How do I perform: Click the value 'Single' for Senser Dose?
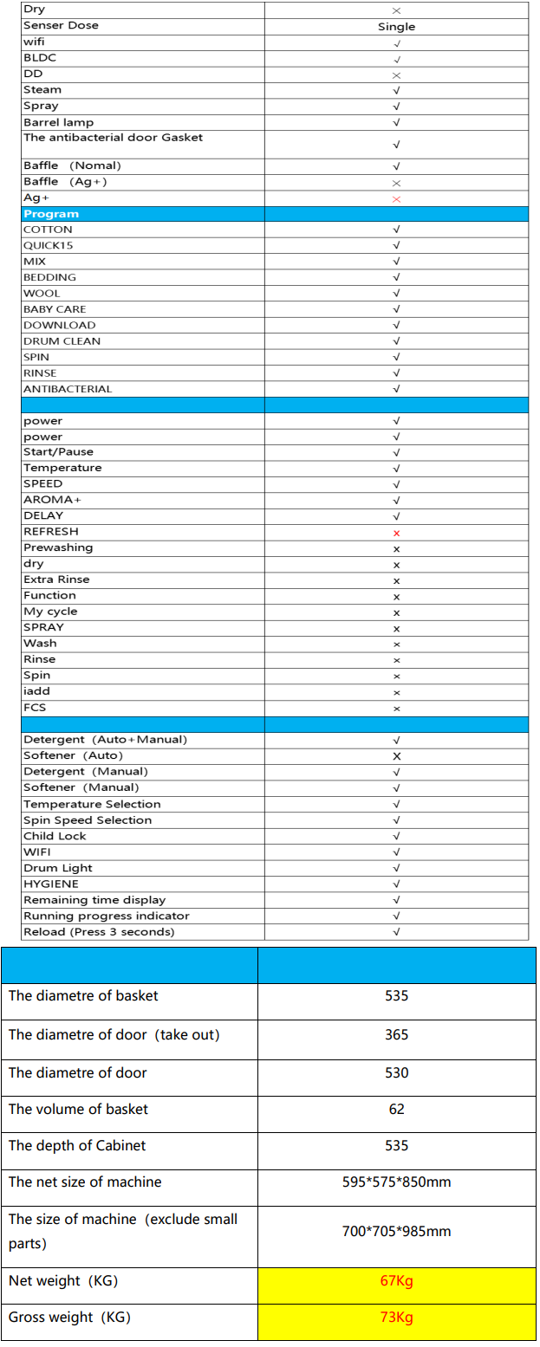tap(396, 27)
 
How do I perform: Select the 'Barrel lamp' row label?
tap(58, 122)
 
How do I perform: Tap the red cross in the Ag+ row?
tap(396, 199)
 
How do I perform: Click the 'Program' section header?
tap(51, 214)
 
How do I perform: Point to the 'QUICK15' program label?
tap(49, 246)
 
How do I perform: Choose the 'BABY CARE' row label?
tap(55, 309)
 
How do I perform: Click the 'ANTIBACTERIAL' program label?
tap(68, 389)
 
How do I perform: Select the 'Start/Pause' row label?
tap(58, 452)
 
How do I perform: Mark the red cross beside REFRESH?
tap(396, 533)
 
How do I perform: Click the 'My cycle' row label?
tap(50, 612)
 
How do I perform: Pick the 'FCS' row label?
tap(35, 708)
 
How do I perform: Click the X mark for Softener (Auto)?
tap(396, 756)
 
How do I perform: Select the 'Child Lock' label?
tap(55, 836)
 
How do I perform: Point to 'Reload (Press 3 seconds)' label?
tap(99, 932)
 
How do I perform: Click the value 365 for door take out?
tap(396, 1035)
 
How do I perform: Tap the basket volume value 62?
tap(396, 1109)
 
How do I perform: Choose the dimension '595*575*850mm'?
tap(396, 1182)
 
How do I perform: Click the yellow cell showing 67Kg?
tap(396, 1281)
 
